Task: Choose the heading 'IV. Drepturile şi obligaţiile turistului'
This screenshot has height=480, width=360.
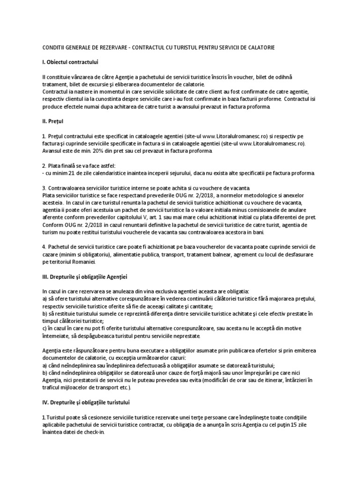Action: coord(88,402)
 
